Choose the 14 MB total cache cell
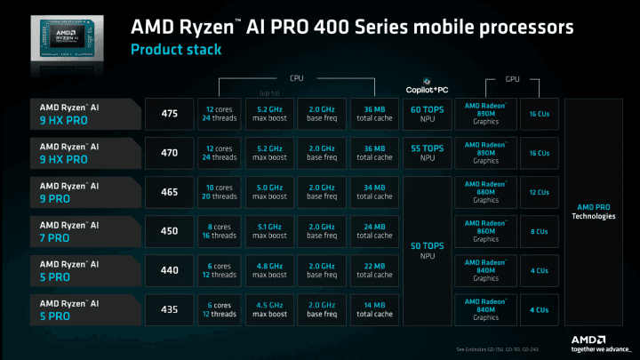click(372, 308)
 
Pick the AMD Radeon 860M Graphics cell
click(485, 230)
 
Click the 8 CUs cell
click(539, 230)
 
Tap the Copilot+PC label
click(426, 89)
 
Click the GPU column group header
click(512, 79)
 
